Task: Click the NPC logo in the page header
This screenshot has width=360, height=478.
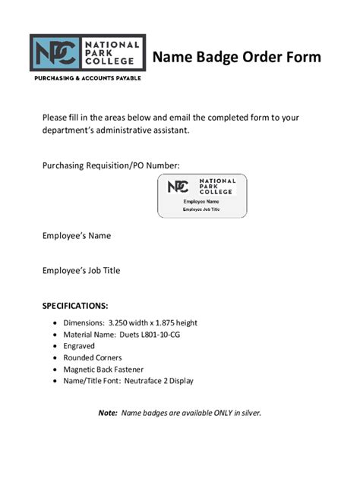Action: pos(87,53)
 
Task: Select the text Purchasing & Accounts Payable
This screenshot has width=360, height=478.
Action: pos(87,78)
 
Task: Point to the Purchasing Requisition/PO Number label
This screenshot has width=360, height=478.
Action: pos(111,165)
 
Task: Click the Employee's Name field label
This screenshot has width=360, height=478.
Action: pos(76,236)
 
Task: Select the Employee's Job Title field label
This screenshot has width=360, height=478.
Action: pos(81,270)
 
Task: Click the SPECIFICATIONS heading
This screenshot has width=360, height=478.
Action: pos(75,307)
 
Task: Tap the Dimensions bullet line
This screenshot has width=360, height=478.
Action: pos(130,322)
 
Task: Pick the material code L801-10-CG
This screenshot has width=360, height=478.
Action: pos(159,334)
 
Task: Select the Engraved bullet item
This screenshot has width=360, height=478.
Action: pos(80,345)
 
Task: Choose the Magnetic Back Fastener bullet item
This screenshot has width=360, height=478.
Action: pos(104,369)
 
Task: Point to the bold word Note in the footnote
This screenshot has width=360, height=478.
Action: pos(108,413)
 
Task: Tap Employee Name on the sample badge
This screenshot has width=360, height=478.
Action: pos(201,202)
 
